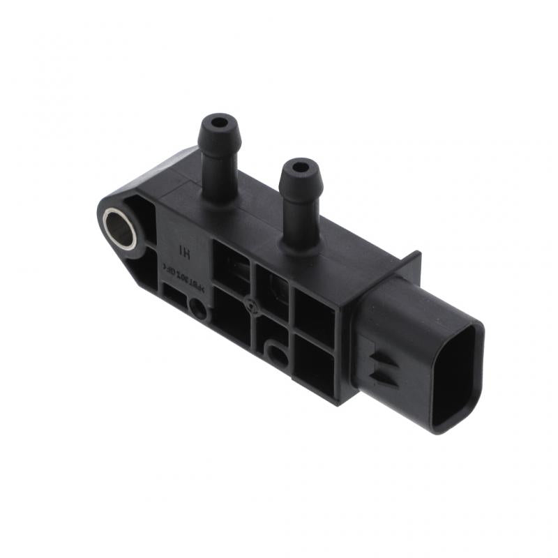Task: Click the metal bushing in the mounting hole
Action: click(x=120, y=227)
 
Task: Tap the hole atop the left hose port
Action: click(x=219, y=123)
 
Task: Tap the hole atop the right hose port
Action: click(x=300, y=168)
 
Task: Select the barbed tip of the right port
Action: click(x=300, y=180)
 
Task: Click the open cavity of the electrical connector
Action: click(x=457, y=377)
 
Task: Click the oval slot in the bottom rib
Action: click(x=277, y=355)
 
